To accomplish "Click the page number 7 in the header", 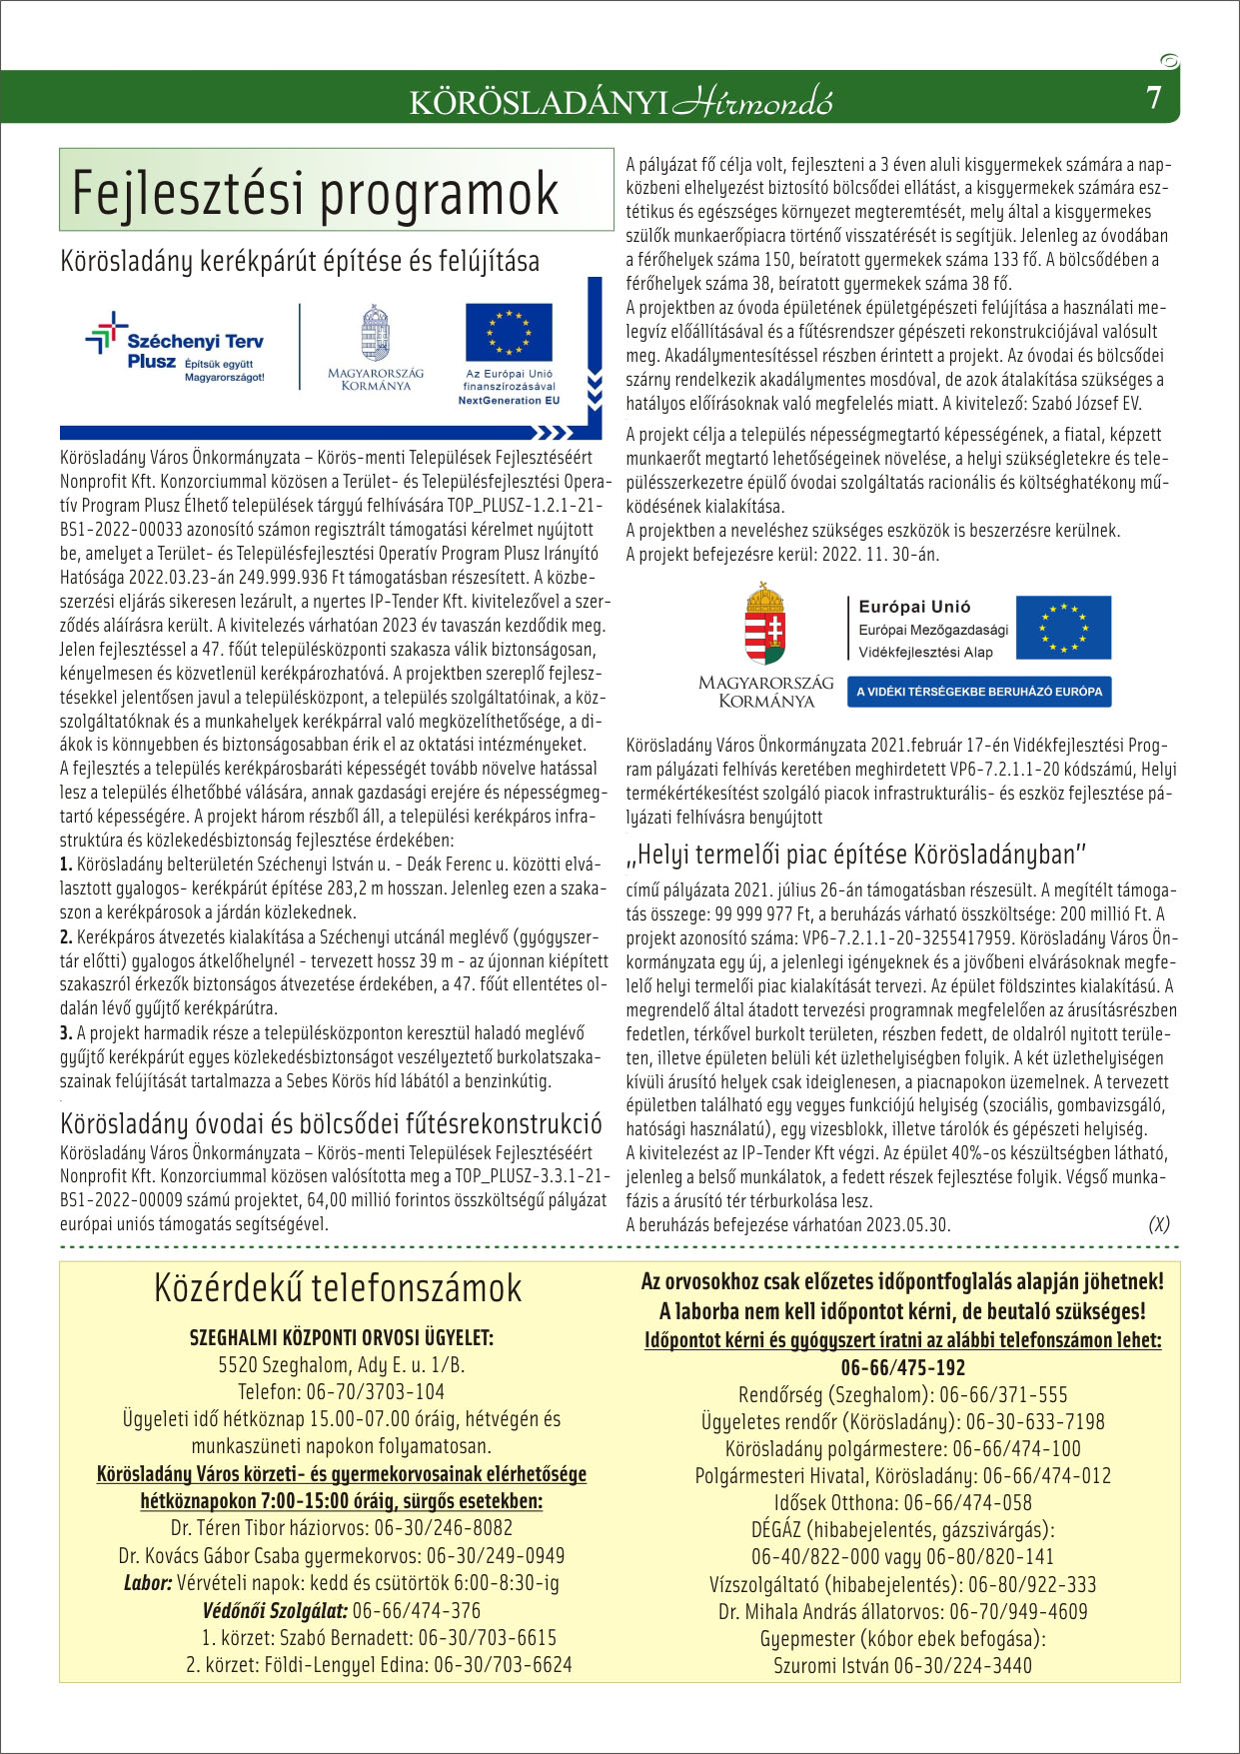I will point(1154,99).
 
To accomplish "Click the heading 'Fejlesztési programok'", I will point(316,193).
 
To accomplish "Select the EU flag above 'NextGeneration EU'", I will point(509,333).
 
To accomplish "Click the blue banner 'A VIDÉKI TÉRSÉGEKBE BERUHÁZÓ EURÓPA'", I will point(979,692).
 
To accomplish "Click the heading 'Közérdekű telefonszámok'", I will point(338,1288).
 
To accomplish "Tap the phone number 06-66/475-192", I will point(902,1367).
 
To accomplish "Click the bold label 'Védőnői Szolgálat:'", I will point(275,1610).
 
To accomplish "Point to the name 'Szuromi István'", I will point(831,1665).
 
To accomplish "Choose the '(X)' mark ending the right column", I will point(1158,1224).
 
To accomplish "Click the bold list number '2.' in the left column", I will point(67,936).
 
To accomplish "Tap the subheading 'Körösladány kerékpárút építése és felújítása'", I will point(300,262).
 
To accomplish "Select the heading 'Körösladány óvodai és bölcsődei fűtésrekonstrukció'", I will point(331,1121).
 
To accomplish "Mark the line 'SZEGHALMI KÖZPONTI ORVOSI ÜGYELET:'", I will point(341,1338).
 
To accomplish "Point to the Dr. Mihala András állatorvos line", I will point(902,1611).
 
